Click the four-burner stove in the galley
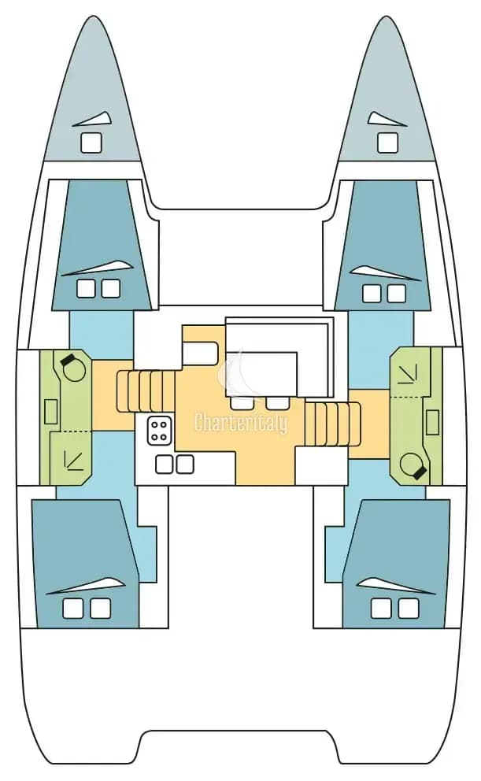tap(160, 431)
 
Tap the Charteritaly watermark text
tap(241, 424)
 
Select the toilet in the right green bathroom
tap(413, 465)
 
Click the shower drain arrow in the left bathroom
tap(72, 460)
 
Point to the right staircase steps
tap(332, 424)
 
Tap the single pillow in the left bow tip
tap(91, 143)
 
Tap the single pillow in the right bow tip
tap(388, 143)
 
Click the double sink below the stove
tap(174, 465)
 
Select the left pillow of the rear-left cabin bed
tap(73, 608)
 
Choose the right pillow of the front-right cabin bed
tap(396, 294)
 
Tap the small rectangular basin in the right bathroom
tap(433, 423)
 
